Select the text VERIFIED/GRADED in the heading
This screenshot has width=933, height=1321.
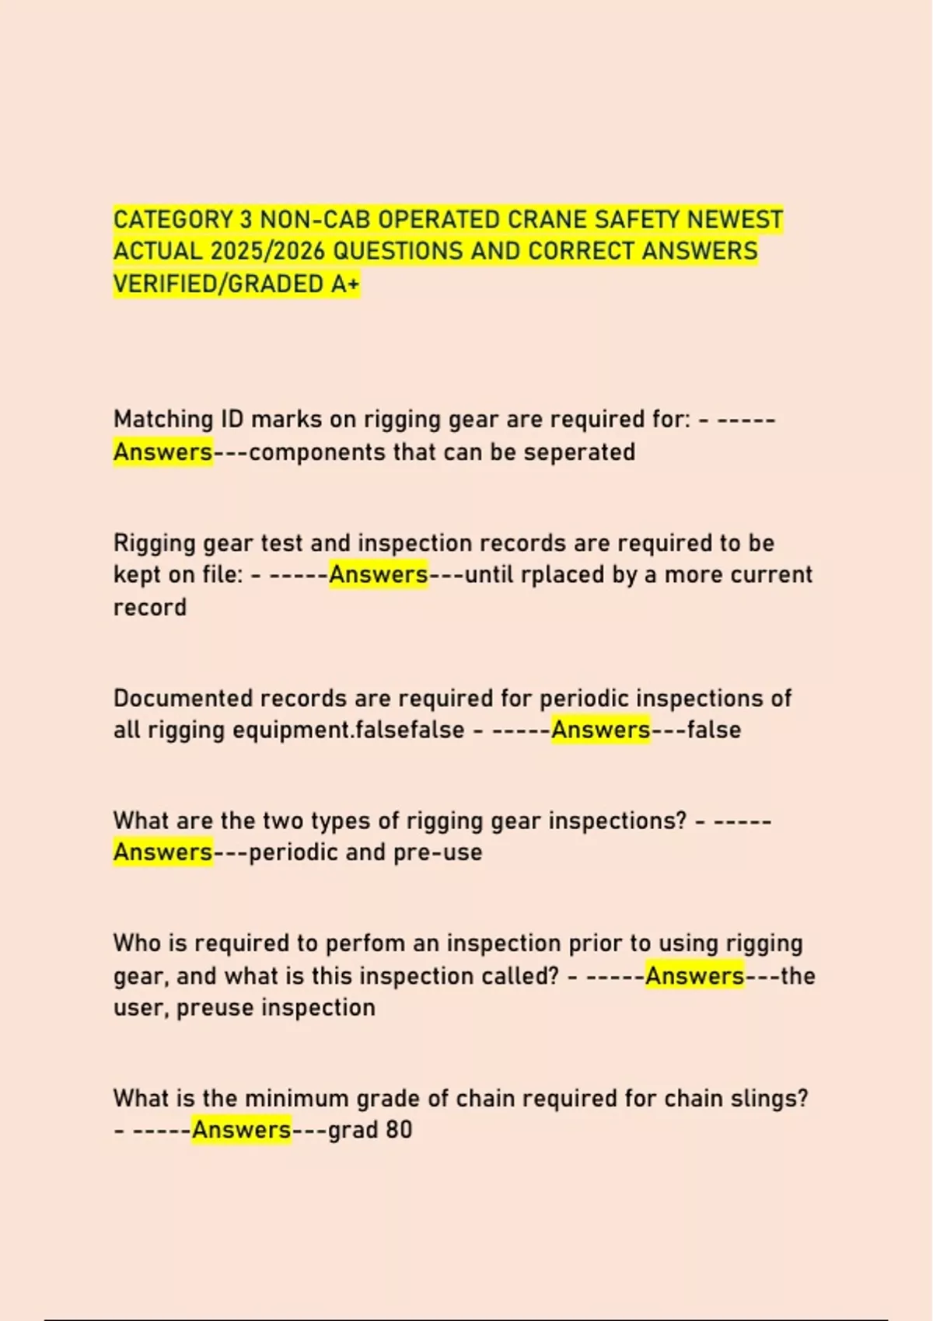point(218,284)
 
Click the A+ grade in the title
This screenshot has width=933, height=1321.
point(345,284)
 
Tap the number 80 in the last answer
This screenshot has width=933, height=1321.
point(398,1130)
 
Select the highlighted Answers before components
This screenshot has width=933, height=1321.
point(163,452)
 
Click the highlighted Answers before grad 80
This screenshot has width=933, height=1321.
point(241,1130)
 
